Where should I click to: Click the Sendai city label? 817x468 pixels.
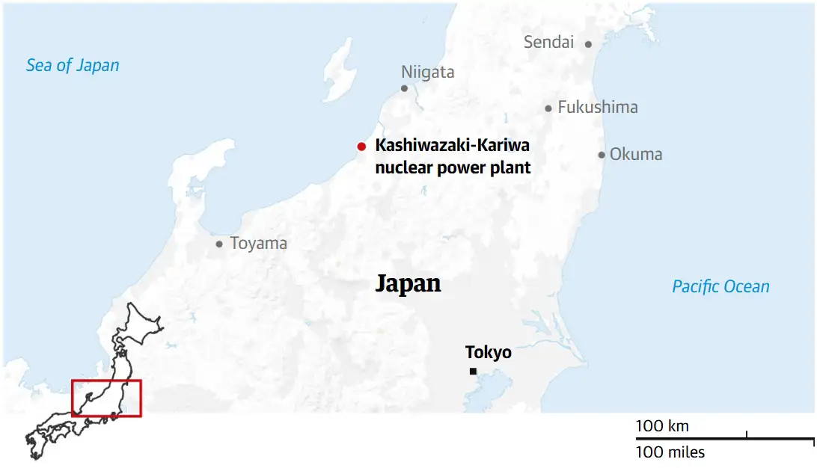tap(548, 43)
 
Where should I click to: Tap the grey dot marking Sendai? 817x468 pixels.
tap(588, 44)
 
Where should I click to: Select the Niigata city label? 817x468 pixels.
tap(427, 73)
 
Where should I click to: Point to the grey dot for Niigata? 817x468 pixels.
tap(404, 88)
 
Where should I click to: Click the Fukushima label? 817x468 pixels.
tap(598, 108)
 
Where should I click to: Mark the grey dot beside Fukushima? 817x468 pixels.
tap(548, 108)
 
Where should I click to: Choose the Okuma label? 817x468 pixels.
tap(636, 155)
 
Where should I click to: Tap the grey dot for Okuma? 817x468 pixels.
tap(602, 156)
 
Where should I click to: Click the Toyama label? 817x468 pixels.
tap(258, 244)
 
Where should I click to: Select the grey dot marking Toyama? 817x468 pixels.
tap(219, 244)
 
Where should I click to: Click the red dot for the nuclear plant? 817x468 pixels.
tap(361, 147)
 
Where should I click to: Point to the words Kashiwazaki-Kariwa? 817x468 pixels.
tap(452, 146)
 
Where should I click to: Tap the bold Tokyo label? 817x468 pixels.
tap(488, 352)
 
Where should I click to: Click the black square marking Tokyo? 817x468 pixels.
tap(473, 372)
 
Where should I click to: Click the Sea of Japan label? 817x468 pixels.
tap(73, 65)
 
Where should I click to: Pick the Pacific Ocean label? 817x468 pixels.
tap(720, 286)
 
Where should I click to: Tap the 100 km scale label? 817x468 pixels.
tap(662, 426)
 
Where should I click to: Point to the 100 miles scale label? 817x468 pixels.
tap(670, 452)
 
